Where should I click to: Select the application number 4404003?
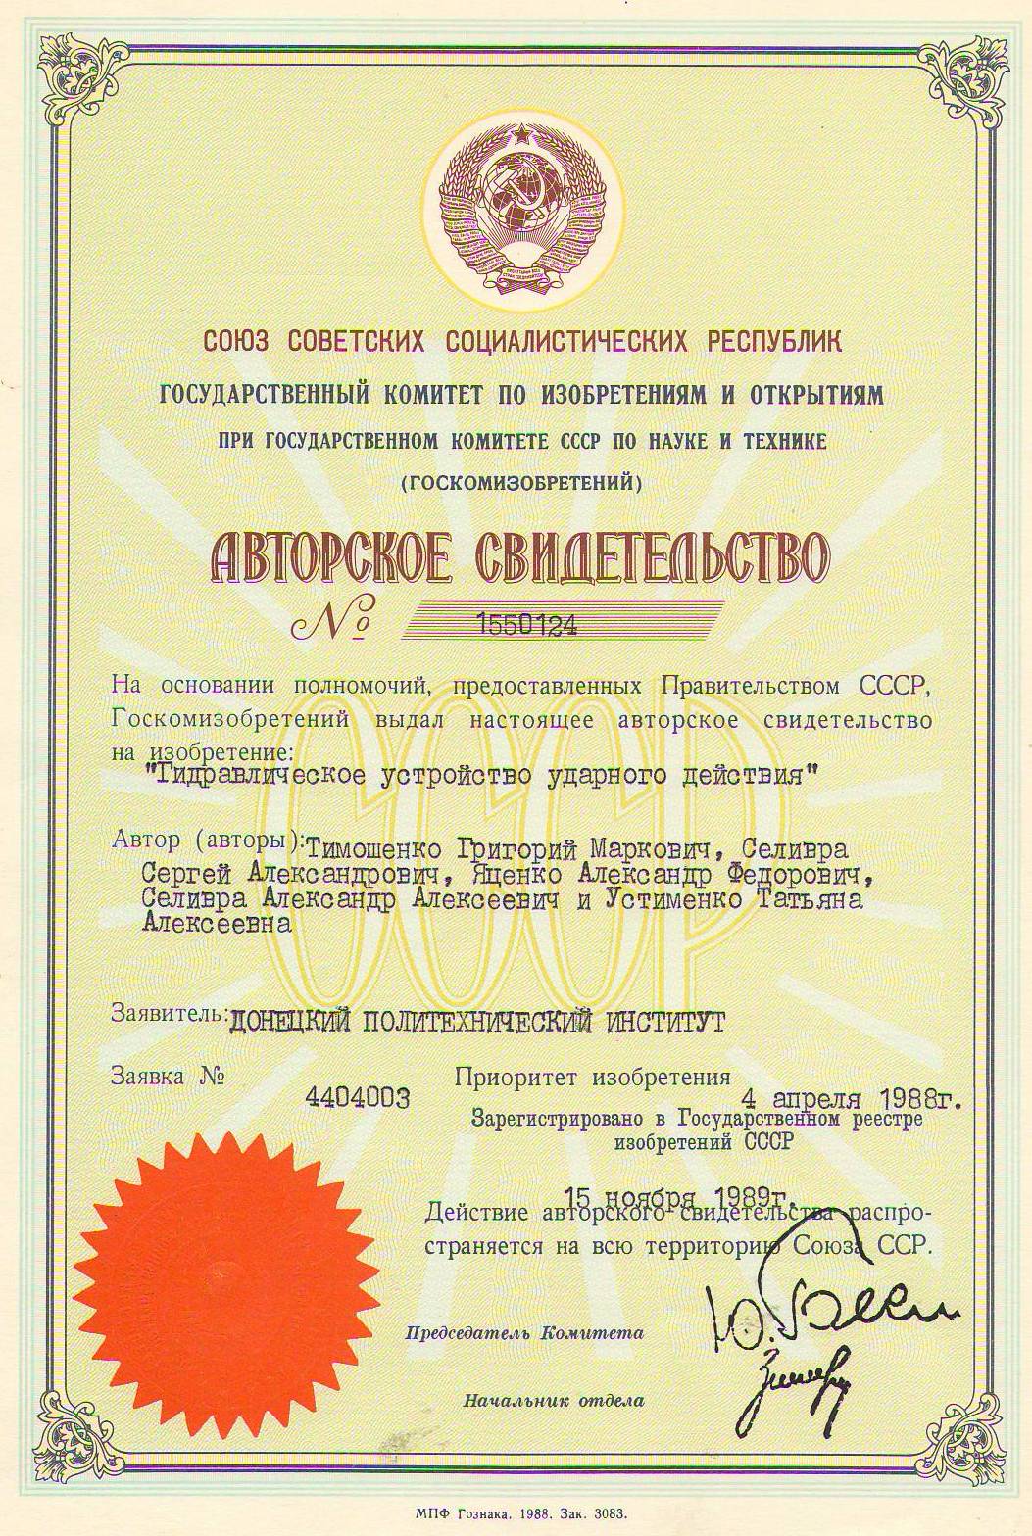358,1097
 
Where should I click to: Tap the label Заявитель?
168,1013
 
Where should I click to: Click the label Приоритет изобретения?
592,1076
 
